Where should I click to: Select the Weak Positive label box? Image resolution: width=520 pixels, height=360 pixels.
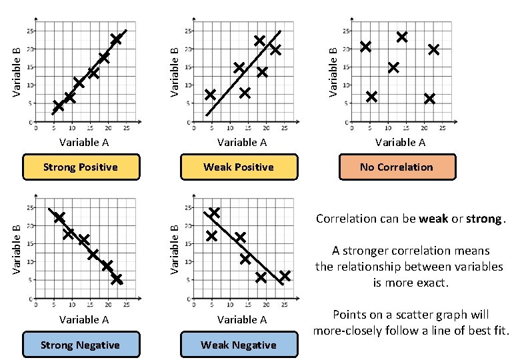tap(239, 167)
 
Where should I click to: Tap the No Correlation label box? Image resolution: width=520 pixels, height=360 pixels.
tap(396, 167)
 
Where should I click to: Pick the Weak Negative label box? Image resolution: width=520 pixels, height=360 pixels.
tap(239, 345)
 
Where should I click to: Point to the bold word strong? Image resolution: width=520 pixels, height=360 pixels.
tap(485, 219)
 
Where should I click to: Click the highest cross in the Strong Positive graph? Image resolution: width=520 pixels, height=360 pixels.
tap(116, 39)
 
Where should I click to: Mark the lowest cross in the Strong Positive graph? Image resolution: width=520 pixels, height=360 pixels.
tap(58, 105)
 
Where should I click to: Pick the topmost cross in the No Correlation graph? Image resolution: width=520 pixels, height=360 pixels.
tap(402, 37)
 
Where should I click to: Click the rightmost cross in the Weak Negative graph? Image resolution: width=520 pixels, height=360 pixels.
tap(285, 276)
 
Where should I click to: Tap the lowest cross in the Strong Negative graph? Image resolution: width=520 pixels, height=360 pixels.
tap(117, 279)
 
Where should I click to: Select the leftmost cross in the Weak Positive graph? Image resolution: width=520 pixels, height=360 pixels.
tap(211, 95)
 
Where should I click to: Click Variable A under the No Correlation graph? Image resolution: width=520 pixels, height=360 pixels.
tap(400, 142)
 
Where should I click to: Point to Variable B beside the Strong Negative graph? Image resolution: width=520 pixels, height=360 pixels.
tap(18, 250)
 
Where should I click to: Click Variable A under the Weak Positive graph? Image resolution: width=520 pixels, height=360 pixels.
tap(242, 142)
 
